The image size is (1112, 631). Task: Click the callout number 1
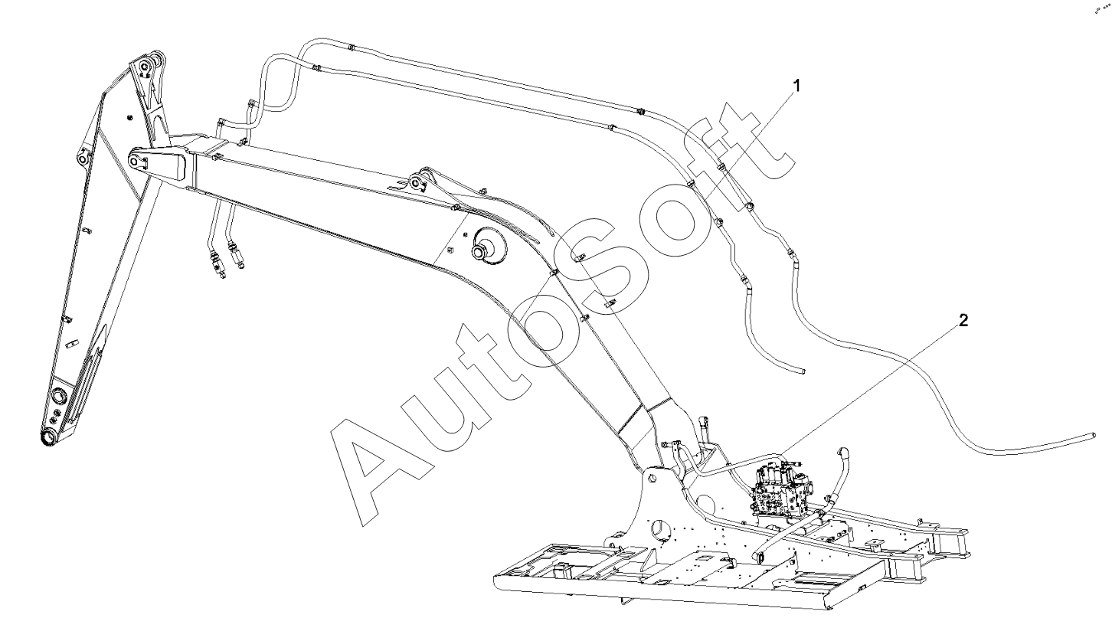pos(796,86)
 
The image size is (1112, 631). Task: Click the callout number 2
pos(963,320)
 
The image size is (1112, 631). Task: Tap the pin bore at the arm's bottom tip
pos(47,437)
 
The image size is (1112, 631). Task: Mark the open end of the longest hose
pos(1092,436)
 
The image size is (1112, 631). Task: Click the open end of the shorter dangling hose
pos(803,371)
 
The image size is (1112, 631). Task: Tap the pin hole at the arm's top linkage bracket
pos(149,63)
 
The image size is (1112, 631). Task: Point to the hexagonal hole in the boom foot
pos(652,478)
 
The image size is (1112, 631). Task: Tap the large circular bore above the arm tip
pos(58,397)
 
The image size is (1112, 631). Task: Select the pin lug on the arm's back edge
pos(81,159)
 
